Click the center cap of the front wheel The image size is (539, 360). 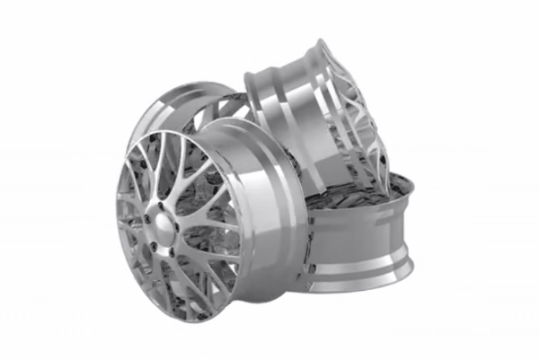tap(163, 222)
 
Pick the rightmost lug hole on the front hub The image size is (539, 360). tap(179, 225)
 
